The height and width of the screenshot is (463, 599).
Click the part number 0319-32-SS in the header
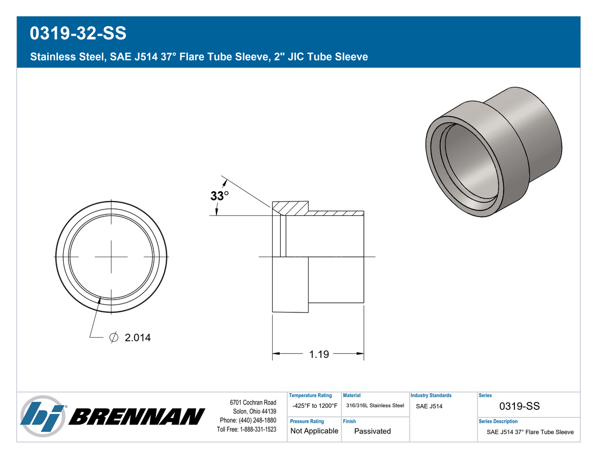[x=78, y=33]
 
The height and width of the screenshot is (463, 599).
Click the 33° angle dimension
[x=220, y=196]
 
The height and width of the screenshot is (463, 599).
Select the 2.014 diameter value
[x=138, y=338]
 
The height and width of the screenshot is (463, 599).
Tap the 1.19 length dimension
[x=319, y=354]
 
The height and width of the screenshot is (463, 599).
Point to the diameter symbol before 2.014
[x=114, y=337]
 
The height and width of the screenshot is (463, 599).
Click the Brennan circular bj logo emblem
[x=42, y=416]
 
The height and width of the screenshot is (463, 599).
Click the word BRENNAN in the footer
[x=137, y=416]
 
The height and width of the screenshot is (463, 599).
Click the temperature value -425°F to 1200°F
[x=315, y=406]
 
